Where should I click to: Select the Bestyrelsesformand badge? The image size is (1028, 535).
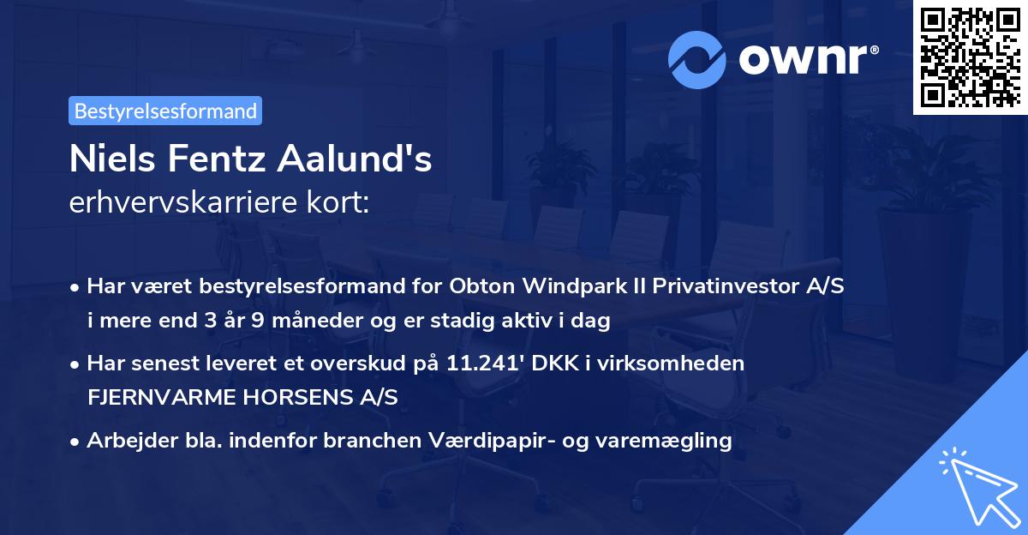click(x=165, y=111)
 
